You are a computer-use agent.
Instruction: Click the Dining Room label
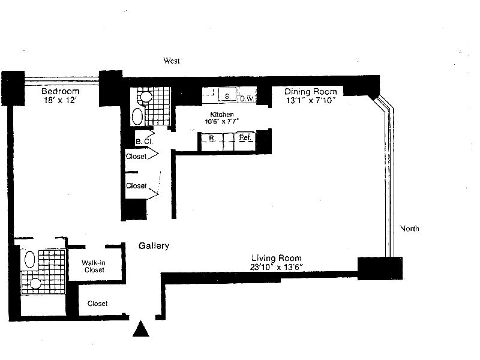tap(310, 91)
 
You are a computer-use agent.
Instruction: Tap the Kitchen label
tap(221, 114)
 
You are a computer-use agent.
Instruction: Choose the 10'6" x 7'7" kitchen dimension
tap(221, 122)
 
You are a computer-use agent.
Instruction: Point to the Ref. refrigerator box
tap(245, 138)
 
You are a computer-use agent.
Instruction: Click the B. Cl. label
tap(142, 142)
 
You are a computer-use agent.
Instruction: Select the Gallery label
tap(154, 246)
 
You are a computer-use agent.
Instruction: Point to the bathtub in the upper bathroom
tap(137, 116)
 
